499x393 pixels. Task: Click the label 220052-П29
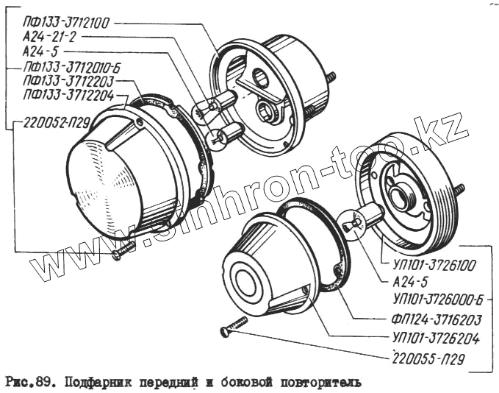(52, 122)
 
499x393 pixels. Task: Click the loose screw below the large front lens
(123, 251)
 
